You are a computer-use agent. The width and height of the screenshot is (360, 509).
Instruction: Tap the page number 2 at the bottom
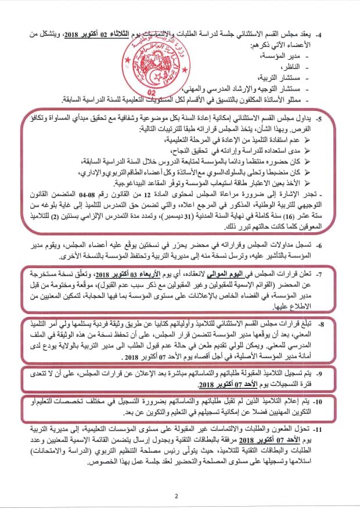(175, 495)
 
